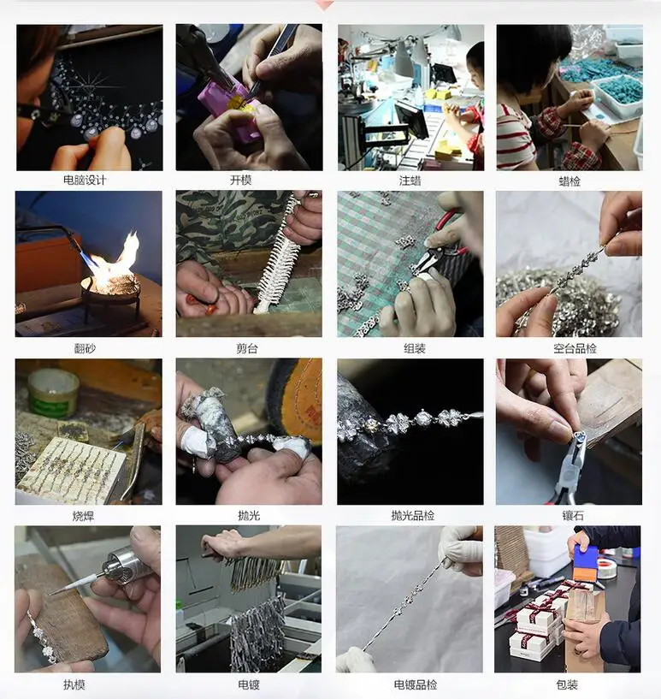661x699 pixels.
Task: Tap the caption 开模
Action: (x=249, y=181)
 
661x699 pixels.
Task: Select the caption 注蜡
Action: (x=410, y=181)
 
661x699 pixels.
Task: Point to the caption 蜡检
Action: (x=570, y=181)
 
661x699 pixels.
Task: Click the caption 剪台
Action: (x=249, y=348)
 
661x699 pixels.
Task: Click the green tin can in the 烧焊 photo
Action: (x=53, y=392)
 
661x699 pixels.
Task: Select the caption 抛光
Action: (x=249, y=516)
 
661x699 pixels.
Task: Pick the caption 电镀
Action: (x=249, y=684)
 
